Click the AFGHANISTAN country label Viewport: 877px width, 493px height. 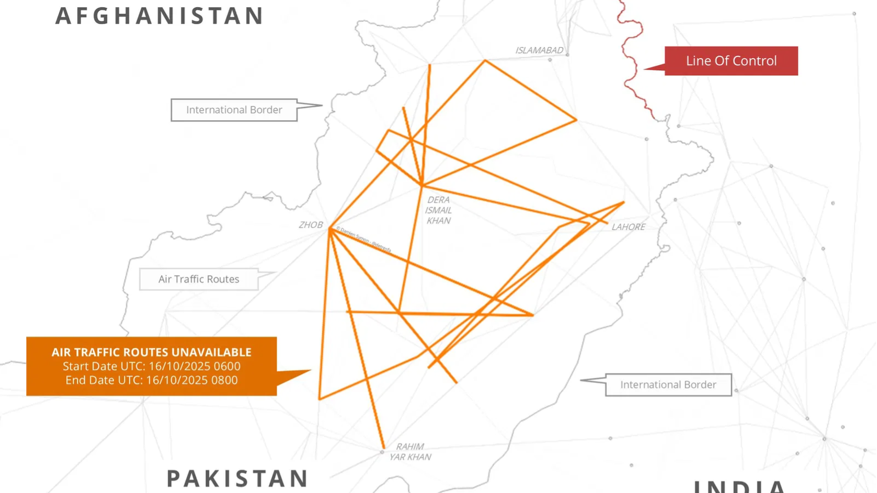[160, 16]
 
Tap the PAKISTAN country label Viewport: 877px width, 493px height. [237, 478]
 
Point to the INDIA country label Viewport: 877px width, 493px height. [740, 486]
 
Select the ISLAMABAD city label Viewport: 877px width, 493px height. [539, 50]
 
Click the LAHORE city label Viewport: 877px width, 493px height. [628, 227]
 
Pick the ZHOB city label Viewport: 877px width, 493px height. [310, 225]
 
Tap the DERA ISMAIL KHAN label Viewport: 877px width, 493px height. [438, 210]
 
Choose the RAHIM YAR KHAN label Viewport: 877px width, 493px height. [410, 452]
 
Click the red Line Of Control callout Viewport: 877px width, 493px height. [731, 61]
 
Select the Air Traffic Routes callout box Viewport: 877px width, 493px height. [198, 279]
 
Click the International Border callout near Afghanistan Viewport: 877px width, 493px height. [234, 110]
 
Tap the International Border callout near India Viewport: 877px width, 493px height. [668, 385]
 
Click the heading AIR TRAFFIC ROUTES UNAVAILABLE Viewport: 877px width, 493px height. [151, 352]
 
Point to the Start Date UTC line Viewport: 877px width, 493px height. [151, 366]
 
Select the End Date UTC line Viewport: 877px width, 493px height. [151, 380]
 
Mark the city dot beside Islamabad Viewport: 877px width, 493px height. [567, 55]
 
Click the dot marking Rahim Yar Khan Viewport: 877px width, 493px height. [383, 452]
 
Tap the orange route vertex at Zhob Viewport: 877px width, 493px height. [331, 230]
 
